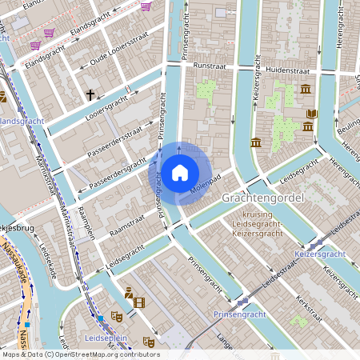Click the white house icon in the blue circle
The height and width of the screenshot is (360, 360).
(180, 172)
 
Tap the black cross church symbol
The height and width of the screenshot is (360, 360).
(90, 95)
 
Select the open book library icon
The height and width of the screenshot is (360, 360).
(312, 114)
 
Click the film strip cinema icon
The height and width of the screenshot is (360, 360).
(140, 302)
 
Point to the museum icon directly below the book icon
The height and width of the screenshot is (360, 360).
(308, 127)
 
